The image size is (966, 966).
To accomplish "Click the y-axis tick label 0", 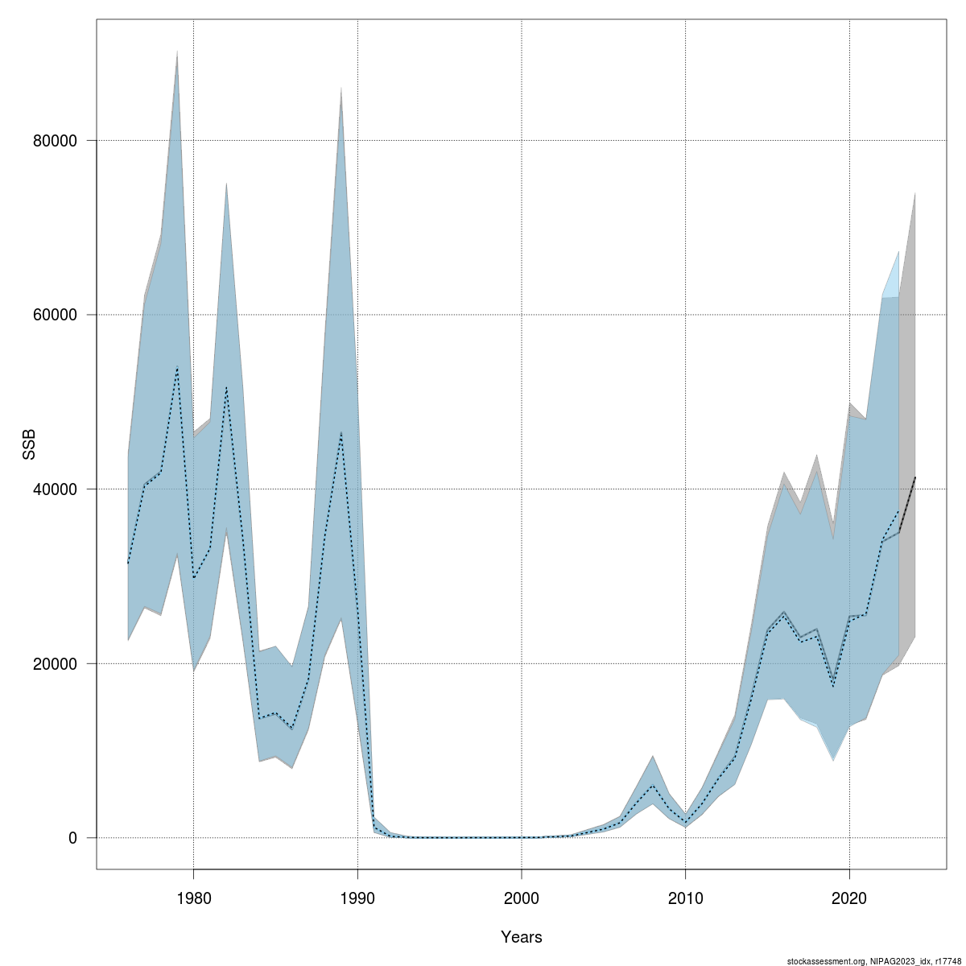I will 72,838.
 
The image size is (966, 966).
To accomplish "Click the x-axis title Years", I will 522,937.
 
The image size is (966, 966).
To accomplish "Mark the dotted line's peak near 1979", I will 177,367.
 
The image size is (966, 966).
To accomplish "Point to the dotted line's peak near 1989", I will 341,433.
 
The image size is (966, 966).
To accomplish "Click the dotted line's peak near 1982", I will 226,388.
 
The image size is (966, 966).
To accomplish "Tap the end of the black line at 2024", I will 915,478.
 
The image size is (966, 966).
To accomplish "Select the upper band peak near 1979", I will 177,52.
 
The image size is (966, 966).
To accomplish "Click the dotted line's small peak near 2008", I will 652,785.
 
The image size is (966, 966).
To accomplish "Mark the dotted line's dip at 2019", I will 833,686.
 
